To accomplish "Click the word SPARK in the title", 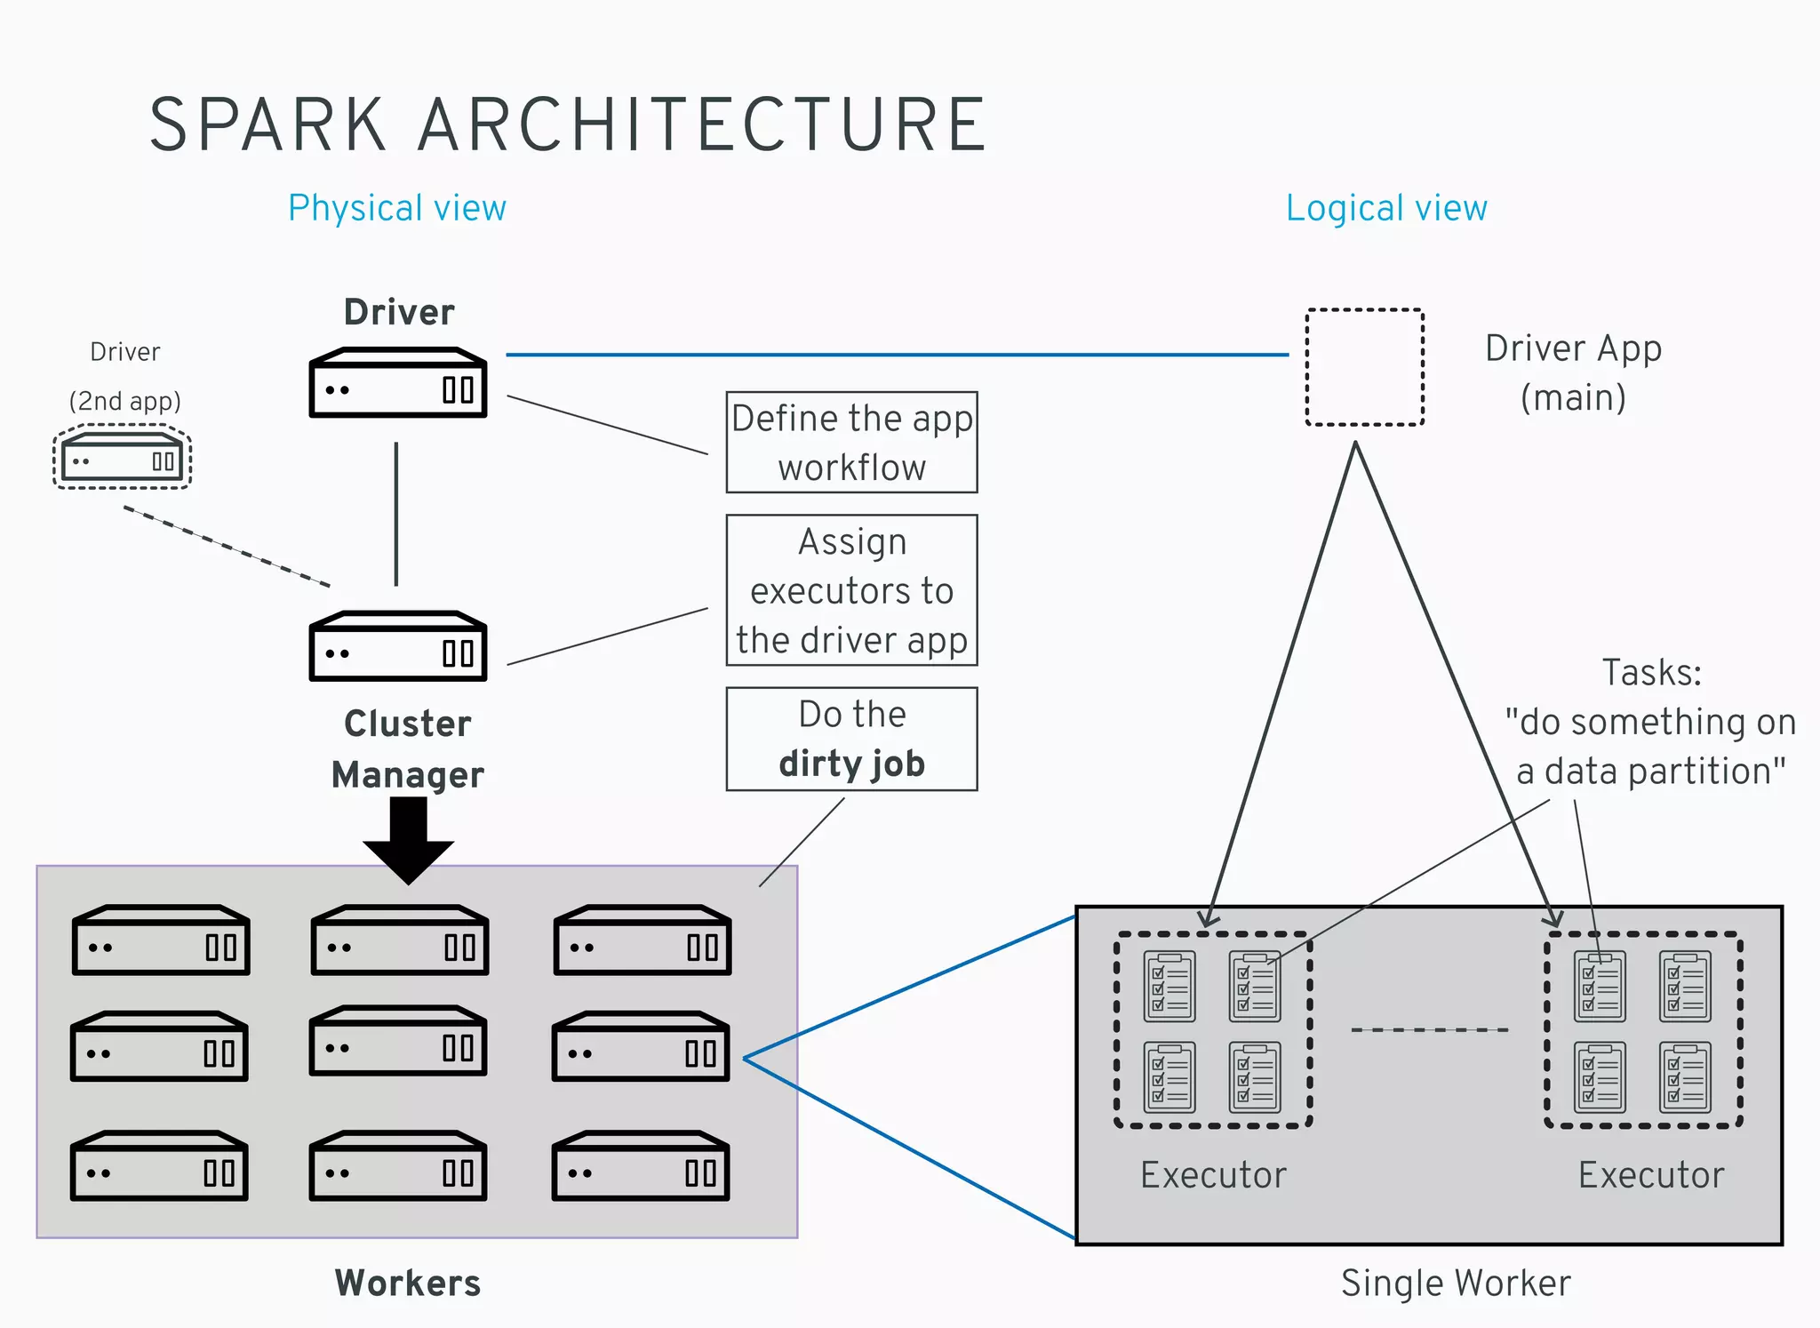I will click(267, 125).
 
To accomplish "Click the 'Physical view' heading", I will click(396, 208).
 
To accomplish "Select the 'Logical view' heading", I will click(1385, 208).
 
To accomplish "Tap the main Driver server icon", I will click(397, 383).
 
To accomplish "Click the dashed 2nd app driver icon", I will click(123, 457).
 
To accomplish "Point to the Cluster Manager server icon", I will click(397, 646).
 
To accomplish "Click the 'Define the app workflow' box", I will click(851, 443).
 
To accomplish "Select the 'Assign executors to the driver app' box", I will click(851, 590).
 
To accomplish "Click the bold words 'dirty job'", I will click(851, 764).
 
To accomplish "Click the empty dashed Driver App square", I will click(1364, 367).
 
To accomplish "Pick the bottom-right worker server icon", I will click(640, 1166).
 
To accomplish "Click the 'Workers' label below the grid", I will click(408, 1283).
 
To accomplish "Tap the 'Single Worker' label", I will click(1455, 1283).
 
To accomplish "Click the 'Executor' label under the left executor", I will click(1213, 1175).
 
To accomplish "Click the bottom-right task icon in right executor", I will click(1685, 1077).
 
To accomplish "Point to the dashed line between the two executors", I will click(1429, 1030).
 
